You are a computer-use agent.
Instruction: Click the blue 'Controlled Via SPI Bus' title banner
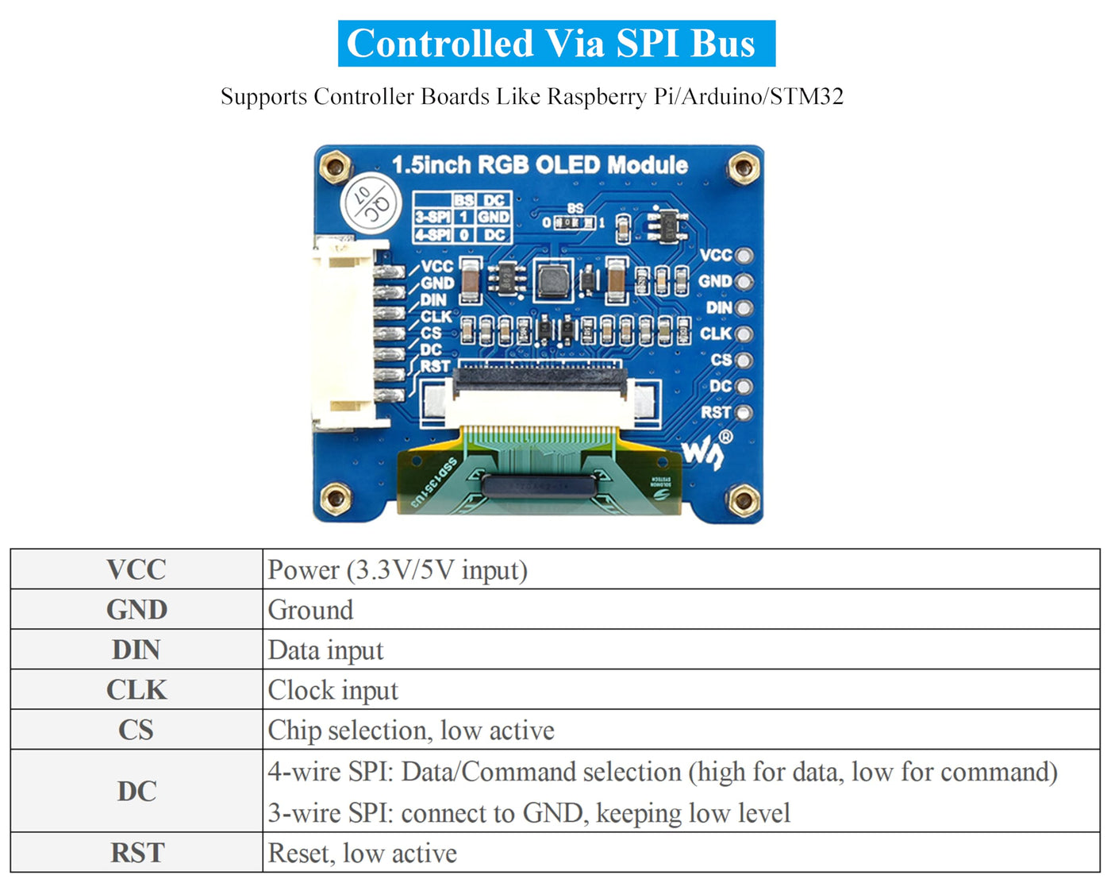[x=556, y=44]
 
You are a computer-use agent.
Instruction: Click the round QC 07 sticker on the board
[x=370, y=203]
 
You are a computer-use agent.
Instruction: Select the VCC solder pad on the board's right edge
[x=744, y=256]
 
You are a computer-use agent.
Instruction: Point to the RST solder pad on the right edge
[x=744, y=413]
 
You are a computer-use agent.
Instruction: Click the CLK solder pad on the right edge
[x=744, y=334]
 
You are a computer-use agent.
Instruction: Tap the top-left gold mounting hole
[x=335, y=167]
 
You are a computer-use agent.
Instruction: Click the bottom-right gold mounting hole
[x=744, y=500]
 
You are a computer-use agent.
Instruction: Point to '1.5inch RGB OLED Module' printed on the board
[x=540, y=165]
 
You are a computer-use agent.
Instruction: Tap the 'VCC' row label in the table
[x=136, y=569]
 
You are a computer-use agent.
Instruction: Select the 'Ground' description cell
[x=311, y=610]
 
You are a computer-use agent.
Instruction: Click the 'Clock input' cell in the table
[x=333, y=690]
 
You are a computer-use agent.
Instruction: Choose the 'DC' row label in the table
[x=136, y=791]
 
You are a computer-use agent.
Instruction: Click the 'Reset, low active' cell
[x=363, y=853]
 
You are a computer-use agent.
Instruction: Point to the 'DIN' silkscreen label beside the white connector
[x=433, y=300]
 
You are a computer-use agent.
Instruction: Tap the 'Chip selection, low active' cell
[x=411, y=731]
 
